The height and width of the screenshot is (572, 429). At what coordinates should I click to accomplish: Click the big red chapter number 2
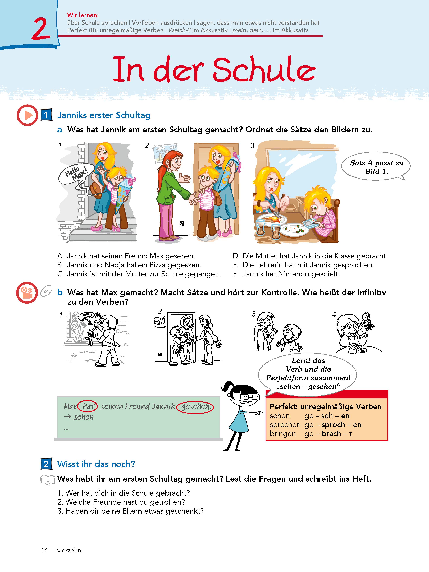coord(41,29)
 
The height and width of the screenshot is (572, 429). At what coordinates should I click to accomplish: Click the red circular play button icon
coord(27,115)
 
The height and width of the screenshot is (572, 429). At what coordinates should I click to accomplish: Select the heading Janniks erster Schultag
coord(104,115)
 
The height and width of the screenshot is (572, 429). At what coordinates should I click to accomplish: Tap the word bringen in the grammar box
coord(283,434)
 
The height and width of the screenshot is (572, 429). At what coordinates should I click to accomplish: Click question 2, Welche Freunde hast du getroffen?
coord(121,502)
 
